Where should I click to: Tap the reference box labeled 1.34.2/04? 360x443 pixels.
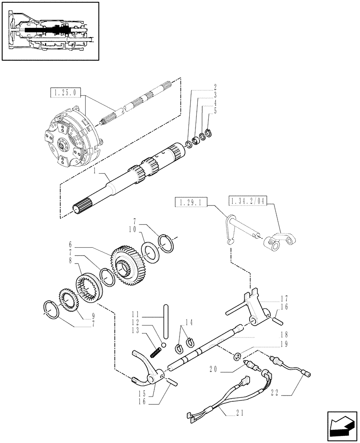248,202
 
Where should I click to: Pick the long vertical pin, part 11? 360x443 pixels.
166,319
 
